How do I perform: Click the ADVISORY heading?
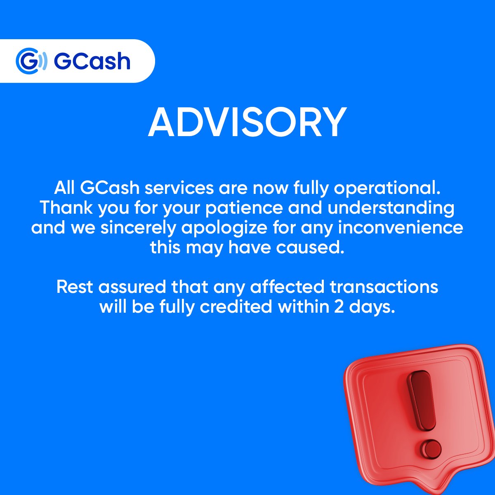247,123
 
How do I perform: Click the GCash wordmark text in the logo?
92,61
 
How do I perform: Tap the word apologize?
225,228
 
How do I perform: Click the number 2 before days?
339,306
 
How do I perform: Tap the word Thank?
66,207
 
